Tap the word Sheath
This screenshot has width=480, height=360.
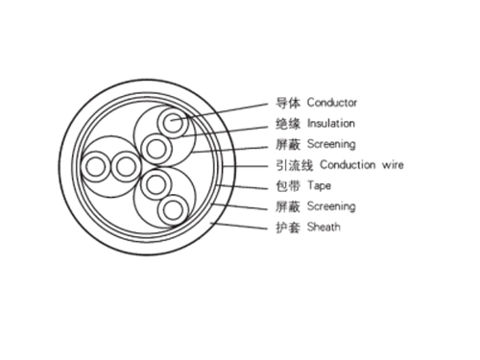(324, 228)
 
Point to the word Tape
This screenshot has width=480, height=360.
(319, 185)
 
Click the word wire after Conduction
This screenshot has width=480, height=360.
(390, 165)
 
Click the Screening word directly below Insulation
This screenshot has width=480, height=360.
(330, 144)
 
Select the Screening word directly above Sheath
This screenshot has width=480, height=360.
(330, 206)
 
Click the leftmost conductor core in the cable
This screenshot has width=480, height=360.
(97, 166)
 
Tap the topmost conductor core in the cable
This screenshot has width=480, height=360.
(173, 123)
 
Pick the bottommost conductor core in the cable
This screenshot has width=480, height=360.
(173, 208)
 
